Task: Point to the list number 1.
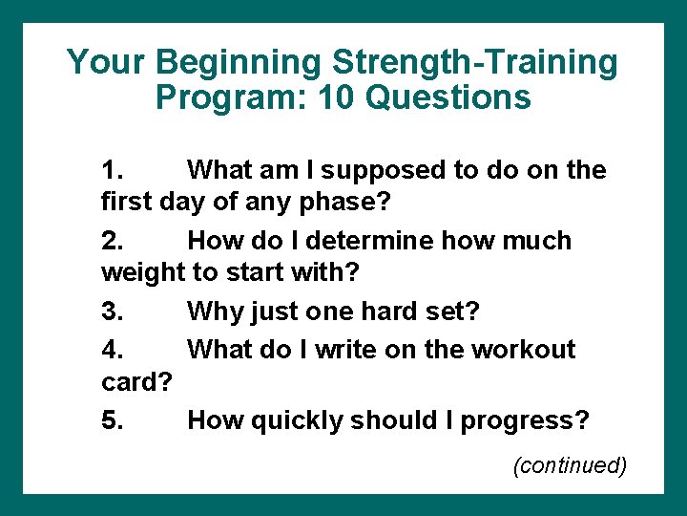pos(112,170)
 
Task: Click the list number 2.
pos(112,240)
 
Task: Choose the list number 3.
pos(112,311)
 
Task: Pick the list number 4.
pos(112,349)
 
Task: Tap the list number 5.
pos(112,419)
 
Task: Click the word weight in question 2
pos(142,273)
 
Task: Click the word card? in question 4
pos(135,382)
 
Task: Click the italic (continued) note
pos(570,465)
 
